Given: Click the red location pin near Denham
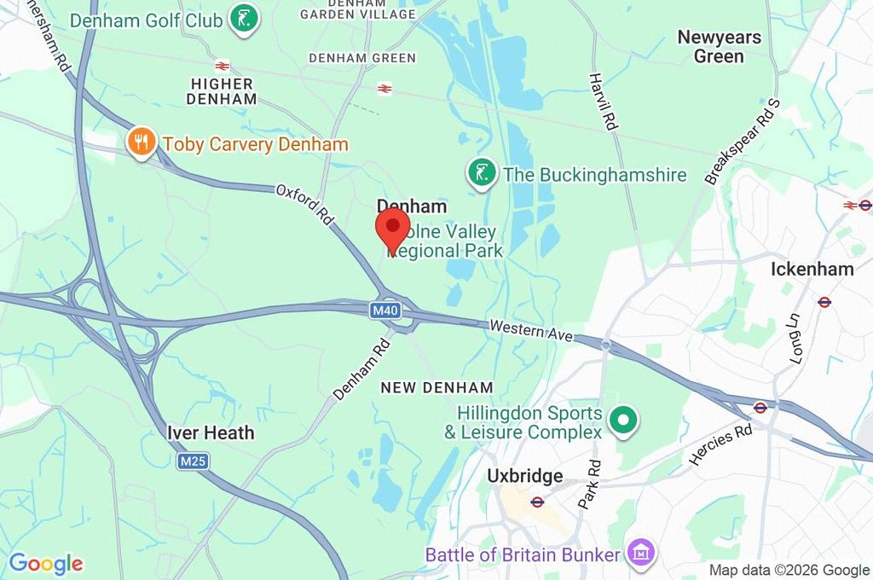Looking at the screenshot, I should [x=392, y=229].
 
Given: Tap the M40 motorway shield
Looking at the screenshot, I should [x=385, y=311].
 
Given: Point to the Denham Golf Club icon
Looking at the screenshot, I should [x=245, y=19].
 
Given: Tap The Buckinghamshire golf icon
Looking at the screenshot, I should [x=481, y=174].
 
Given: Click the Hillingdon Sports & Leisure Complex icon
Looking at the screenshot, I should [x=623, y=420].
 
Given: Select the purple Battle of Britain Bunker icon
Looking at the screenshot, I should [x=639, y=553].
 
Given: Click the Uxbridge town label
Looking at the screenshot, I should [x=524, y=475].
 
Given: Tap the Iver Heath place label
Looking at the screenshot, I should [x=211, y=432].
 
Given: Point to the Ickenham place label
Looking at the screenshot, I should [x=812, y=269].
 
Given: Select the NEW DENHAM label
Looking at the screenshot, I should [x=436, y=387].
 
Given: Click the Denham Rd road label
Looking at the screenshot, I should [x=361, y=369].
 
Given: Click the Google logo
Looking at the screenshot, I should [x=46, y=563].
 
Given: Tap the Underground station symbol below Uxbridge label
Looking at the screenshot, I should [x=537, y=502].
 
